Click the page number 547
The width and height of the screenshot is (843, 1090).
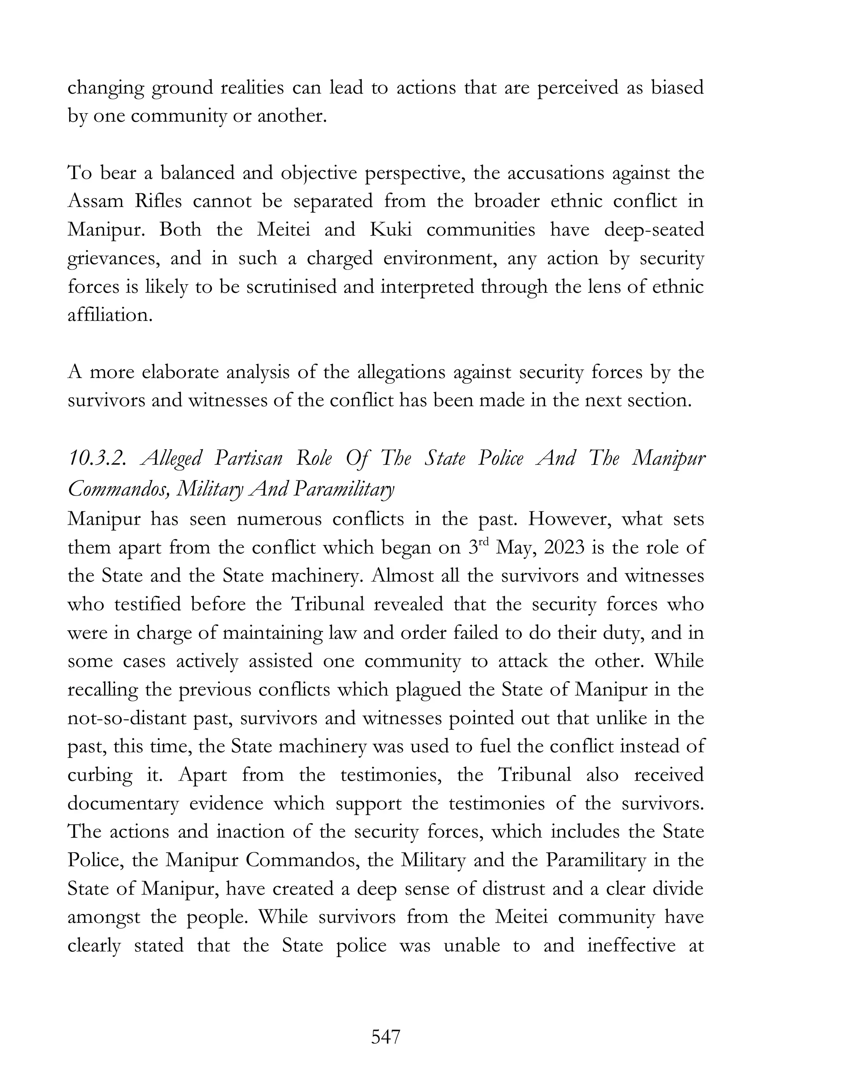(386, 1037)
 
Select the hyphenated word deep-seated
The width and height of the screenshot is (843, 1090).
(654, 230)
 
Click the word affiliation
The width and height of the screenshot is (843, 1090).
(109, 315)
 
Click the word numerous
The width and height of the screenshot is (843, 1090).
(278, 519)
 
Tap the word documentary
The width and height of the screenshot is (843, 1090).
(123, 804)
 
